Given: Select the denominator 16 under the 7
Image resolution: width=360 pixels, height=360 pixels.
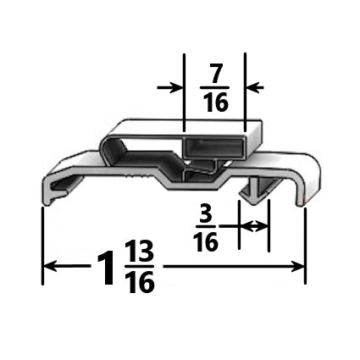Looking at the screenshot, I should pyautogui.click(x=215, y=103).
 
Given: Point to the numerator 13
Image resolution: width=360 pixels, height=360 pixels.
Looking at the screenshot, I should pyautogui.click(x=140, y=253).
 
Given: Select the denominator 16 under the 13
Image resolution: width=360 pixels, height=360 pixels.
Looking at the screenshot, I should pyautogui.click(x=140, y=283).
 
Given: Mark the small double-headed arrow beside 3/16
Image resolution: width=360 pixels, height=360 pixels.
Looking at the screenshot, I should pyautogui.click(x=253, y=226).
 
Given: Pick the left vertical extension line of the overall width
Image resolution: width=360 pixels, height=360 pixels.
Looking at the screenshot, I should pyautogui.click(x=42, y=246).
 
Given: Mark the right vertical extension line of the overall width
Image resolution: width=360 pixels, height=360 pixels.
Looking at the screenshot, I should pyautogui.click(x=306, y=246).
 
